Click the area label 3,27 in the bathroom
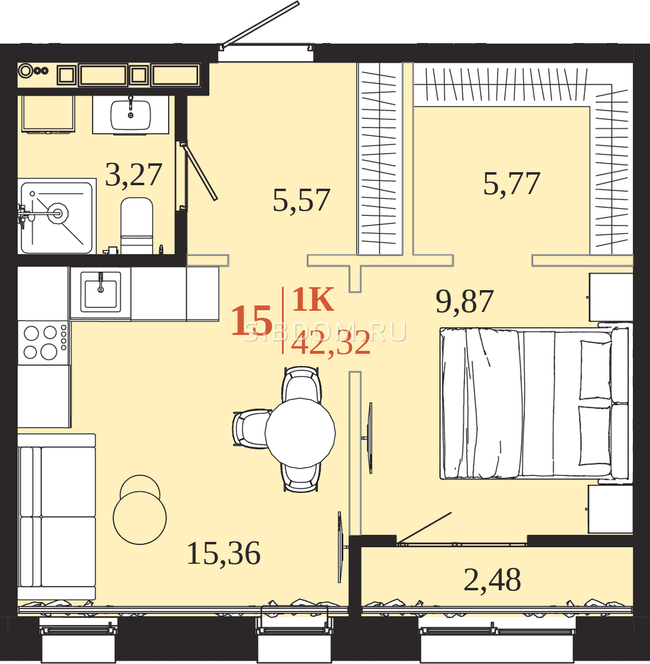point(133,175)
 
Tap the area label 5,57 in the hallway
point(301,200)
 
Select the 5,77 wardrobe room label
point(512,184)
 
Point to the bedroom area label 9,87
point(465,302)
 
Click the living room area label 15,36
point(224,553)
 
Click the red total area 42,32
point(331,343)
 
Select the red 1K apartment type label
point(313,299)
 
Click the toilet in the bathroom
point(137,226)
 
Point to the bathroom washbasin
point(131,115)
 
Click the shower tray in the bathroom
point(56,217)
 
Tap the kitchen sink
point(100,292)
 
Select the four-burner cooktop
point(44,343)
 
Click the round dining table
point(300,433)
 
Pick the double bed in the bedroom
point(535,403)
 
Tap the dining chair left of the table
point(251,428)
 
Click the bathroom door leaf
point(199,172)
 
